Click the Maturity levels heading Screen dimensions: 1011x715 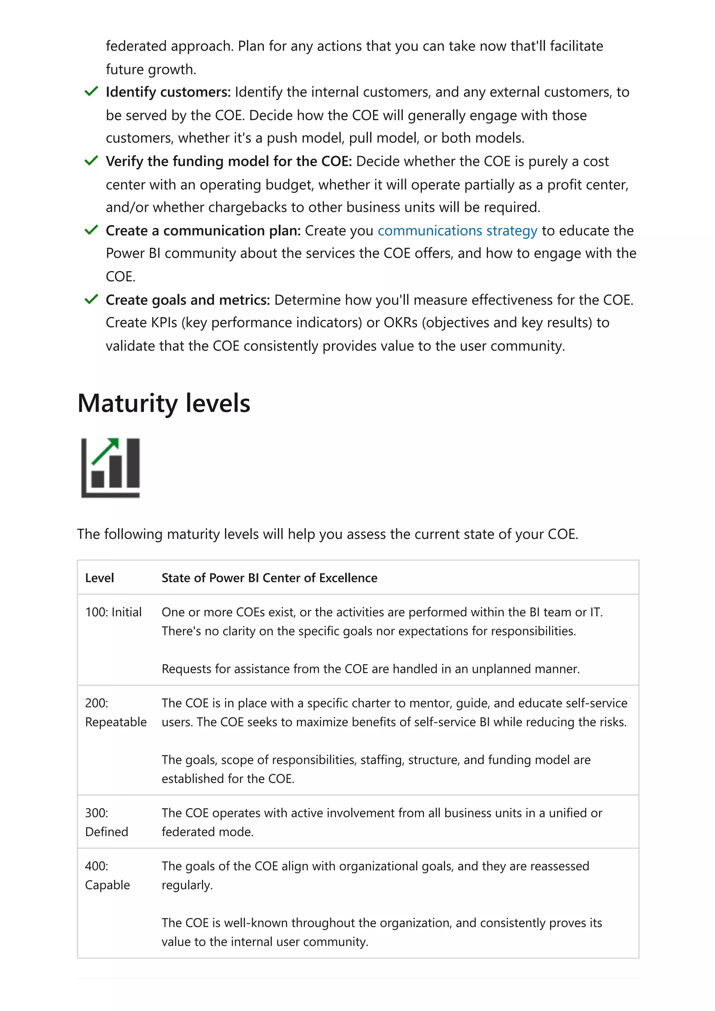[164, 403]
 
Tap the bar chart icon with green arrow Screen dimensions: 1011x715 [111, 467]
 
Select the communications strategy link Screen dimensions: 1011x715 [457, 231]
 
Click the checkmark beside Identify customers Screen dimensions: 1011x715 [91, 92]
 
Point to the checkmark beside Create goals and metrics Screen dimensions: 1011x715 [91, 299]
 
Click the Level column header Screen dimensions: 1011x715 [99, 578]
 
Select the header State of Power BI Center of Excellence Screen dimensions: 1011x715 [269, 578]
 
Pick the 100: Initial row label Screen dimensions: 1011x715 [113, 612]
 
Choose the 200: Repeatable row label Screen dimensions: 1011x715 [116, 712]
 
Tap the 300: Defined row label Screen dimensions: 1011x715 [106, 822]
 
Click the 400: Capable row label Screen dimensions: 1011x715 [108, 875]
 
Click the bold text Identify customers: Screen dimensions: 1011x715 [168, 92]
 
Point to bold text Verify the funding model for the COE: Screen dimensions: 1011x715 [229, 162]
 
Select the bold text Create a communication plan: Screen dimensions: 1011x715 [203, 231]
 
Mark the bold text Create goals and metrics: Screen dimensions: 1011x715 [188, 300]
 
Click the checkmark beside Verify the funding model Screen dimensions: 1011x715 [91, 161]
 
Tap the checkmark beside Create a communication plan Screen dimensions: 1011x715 [91, 230]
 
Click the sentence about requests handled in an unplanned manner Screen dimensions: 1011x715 [370, 669]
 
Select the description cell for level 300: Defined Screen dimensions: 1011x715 [382, 822]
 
